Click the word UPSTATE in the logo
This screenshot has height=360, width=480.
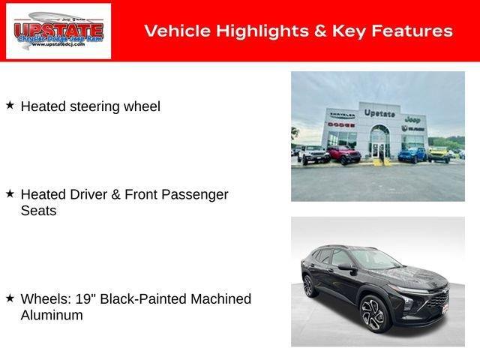(x=58, y=29)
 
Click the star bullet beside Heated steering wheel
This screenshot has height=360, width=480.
(x=10, y=106)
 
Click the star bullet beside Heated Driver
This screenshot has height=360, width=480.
(x=10, y=193)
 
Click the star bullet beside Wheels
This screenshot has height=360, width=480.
(x=10, y=298)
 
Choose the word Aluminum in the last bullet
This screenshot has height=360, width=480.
(x=52, y=315)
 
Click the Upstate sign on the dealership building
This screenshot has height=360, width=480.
(x=379, y=113)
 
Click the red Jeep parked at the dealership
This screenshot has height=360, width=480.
(x=343, y=154)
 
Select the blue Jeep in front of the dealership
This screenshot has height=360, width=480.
(x=411, y=154)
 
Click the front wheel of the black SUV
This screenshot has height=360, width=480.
(x=373, y=313)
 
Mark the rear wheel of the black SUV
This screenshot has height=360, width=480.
(x=309, y=286)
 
